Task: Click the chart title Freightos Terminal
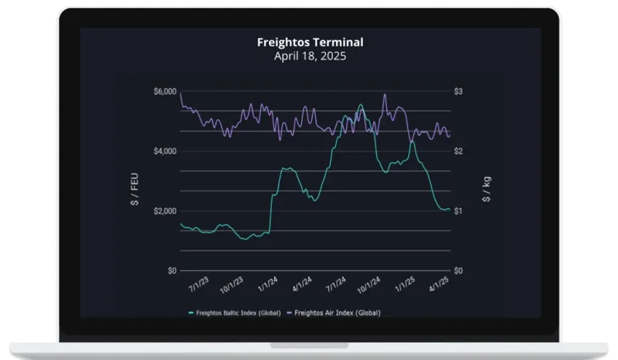tap(309, 42)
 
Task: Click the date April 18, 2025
tap(309, 56)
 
